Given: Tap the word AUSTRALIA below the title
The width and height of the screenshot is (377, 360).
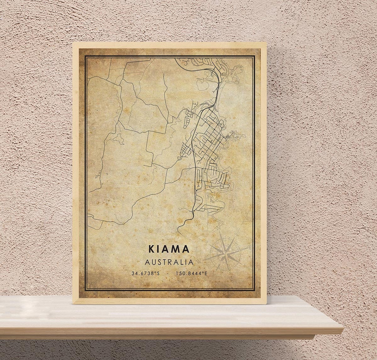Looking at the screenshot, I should pos(169,262).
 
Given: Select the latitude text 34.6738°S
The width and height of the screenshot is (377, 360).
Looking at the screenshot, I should pos(146,273).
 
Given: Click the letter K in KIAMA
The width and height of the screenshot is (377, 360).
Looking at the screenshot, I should pos(151,249).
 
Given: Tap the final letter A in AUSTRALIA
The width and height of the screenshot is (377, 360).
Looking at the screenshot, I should pos(190,262).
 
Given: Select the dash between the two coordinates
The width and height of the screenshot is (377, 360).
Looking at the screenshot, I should pos(169,274).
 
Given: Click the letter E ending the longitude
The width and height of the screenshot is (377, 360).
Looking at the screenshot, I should pos(206,273).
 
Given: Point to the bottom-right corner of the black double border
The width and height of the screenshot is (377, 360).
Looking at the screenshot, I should pos(255,291).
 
